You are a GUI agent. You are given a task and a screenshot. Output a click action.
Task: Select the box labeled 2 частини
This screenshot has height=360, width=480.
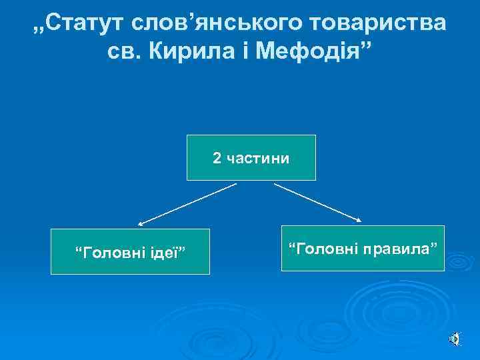[251, 158]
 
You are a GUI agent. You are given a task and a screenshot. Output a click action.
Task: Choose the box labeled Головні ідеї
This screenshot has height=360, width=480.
[130, 252]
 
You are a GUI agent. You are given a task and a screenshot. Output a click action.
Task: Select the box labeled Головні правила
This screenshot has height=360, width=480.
[363, 248]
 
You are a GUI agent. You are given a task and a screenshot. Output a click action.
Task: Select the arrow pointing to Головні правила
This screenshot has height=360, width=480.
[319, 202]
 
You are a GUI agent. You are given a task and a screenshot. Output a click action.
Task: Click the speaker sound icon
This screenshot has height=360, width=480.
[453, 339]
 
